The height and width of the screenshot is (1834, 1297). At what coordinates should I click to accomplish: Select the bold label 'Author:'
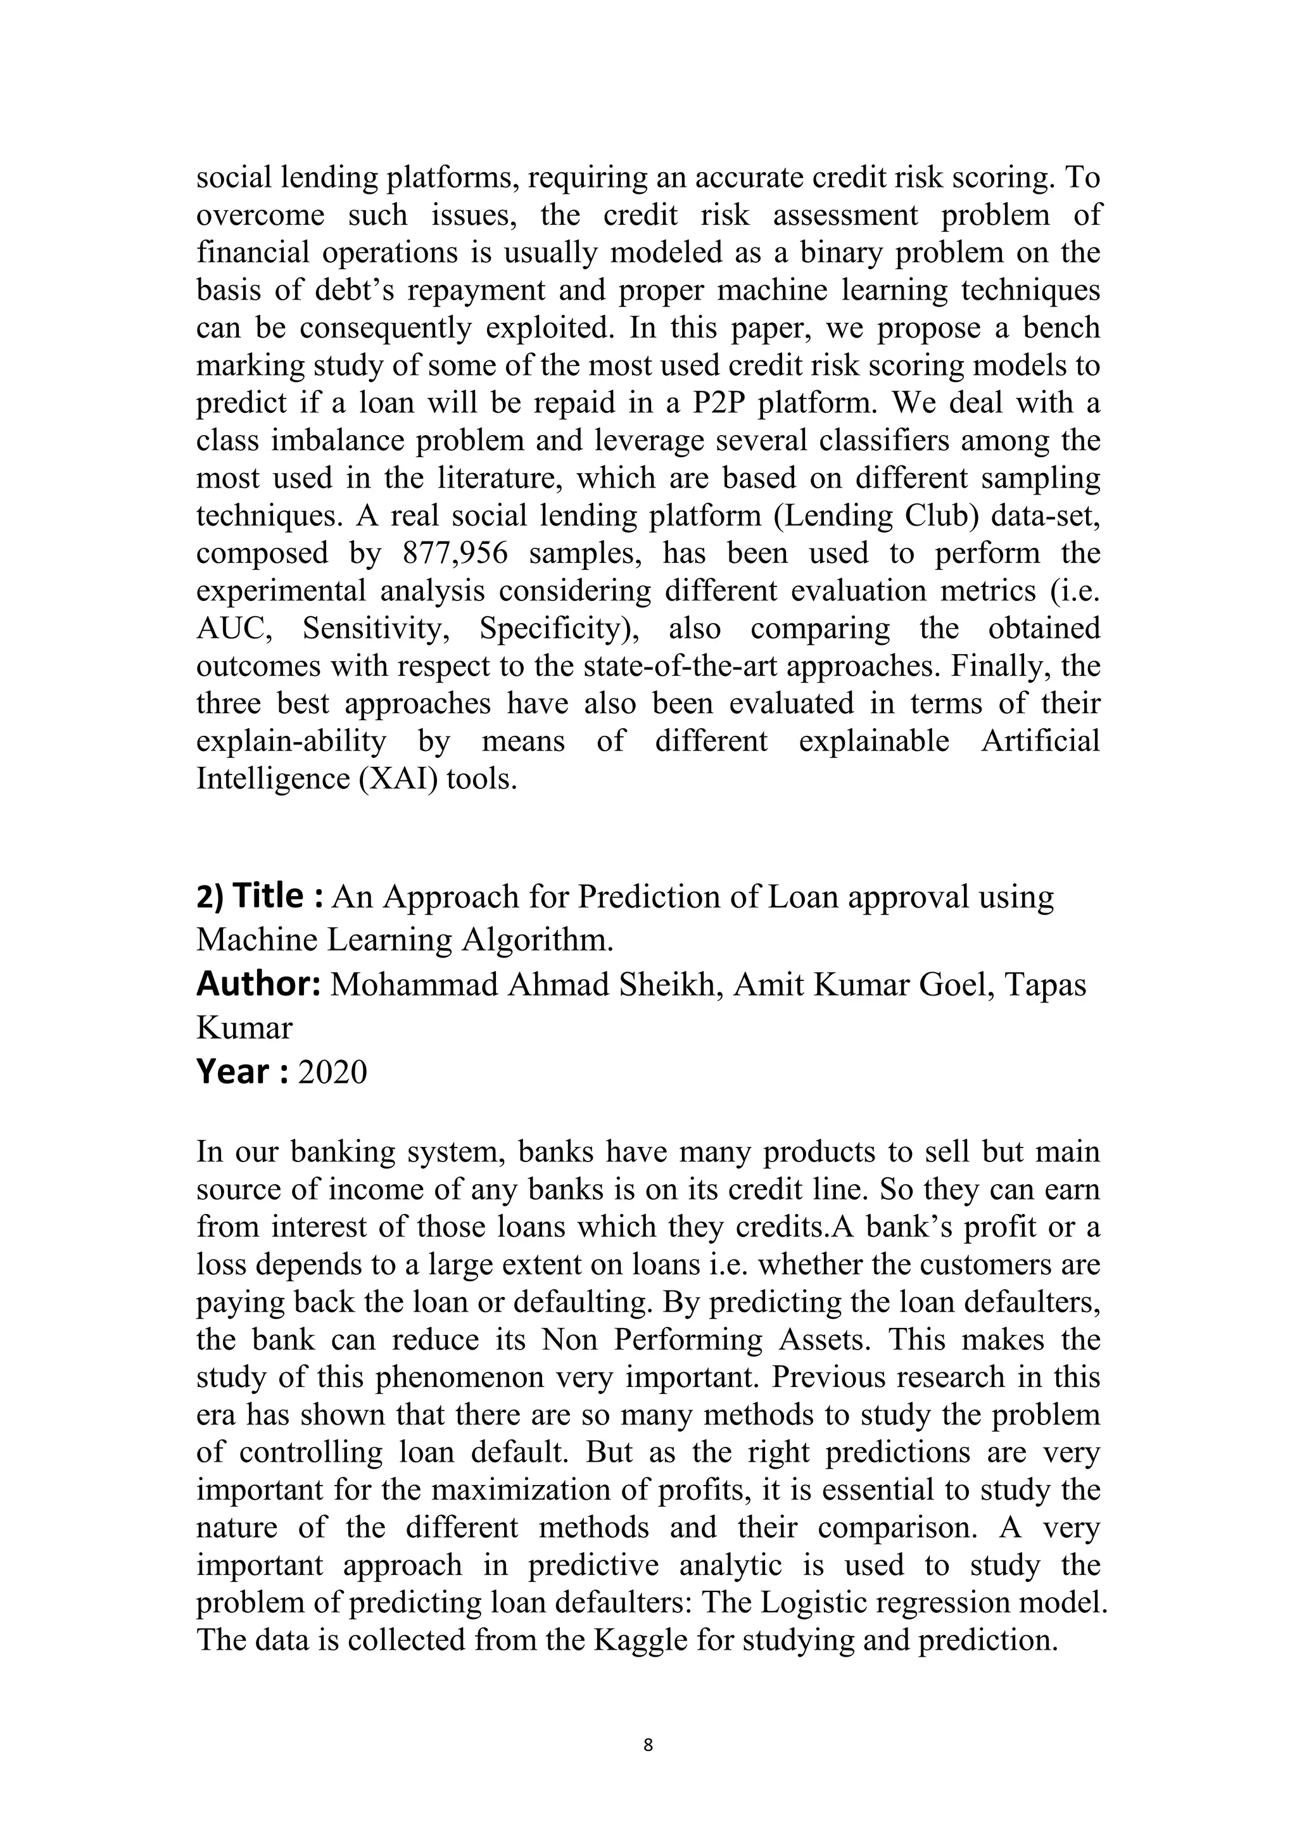point(258,984)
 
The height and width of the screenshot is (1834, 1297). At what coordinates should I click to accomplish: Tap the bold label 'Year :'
point(242,1071)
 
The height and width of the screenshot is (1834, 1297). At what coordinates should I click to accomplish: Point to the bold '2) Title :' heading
point(259,896)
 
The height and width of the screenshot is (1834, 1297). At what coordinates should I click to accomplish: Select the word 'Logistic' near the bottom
point(786,1602)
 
